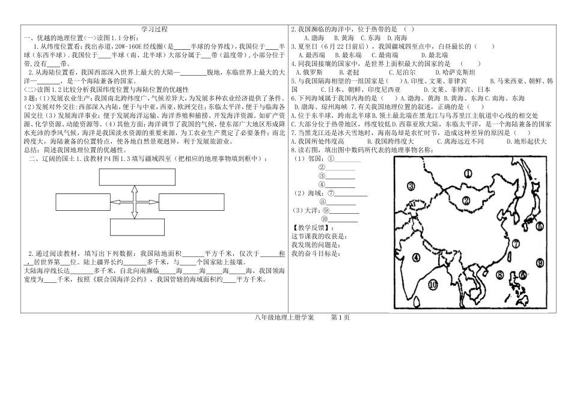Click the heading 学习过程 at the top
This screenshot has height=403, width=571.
coord(154,29)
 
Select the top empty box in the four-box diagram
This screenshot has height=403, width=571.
coord(137,177)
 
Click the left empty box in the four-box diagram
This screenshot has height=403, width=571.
coord(83,202)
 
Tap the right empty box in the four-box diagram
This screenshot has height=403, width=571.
coord(192,202)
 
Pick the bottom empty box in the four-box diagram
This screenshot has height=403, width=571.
coord(137,227)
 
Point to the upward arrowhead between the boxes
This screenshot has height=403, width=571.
coord(135,189)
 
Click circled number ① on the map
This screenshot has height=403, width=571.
coord(468,174)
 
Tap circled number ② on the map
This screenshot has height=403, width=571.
coord(466,200)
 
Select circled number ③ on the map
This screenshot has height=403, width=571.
coord(411,186)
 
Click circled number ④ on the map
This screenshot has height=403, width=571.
coord(416,258)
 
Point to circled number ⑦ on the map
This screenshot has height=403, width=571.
coord(516,244)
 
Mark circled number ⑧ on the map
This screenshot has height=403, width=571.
coord(500,275)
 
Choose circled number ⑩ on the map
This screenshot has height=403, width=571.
coord(433,285)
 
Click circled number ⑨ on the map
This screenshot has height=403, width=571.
coord(540,262)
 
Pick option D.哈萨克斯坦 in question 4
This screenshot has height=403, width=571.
coord(455,73)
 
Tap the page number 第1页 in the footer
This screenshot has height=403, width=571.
coord(340,318)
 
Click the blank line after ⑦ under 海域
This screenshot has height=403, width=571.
coord(351,195)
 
